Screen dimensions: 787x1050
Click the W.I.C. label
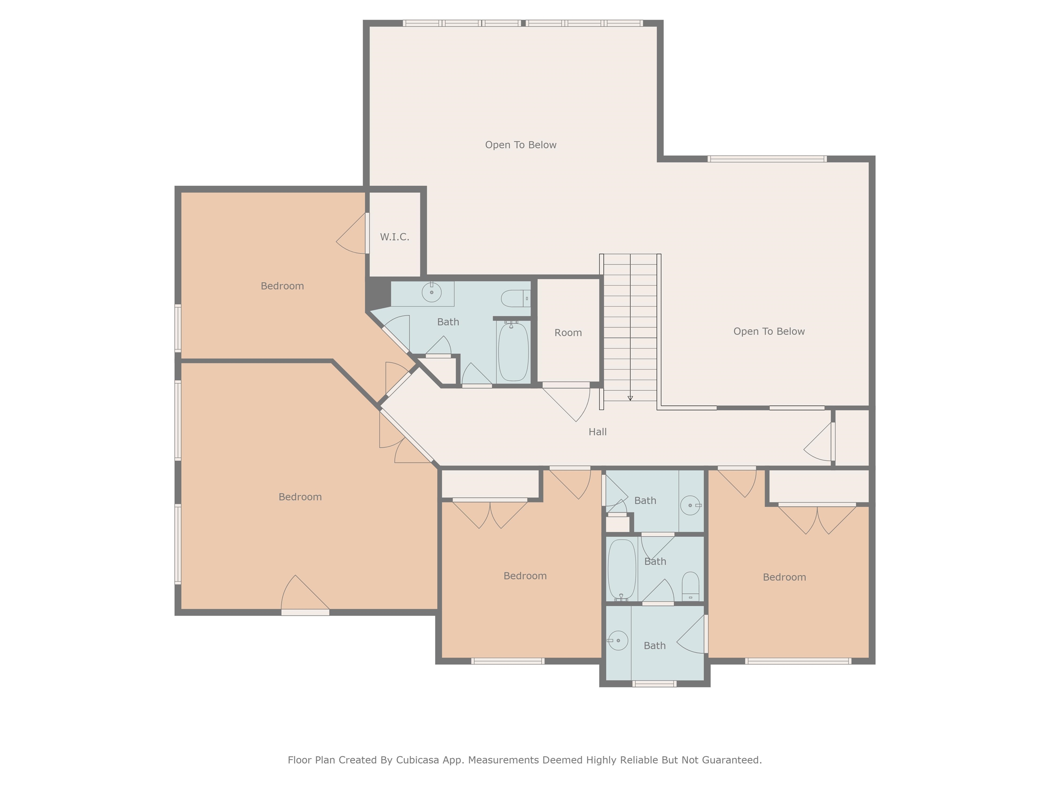tap(394, 237)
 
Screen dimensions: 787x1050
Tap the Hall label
tap(597, 432)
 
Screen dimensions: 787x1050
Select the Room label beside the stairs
tap(568, 333)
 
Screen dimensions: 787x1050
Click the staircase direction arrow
tap(630, 398)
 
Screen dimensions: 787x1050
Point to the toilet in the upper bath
tap(514, 299)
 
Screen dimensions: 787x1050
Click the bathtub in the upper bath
tap(513, 351)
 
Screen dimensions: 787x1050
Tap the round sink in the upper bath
tap(431, 292)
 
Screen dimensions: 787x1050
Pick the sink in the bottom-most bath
tap(618, 640)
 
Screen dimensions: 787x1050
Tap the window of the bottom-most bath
tap(654, 684)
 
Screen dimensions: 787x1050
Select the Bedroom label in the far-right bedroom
tap(784, 577)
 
